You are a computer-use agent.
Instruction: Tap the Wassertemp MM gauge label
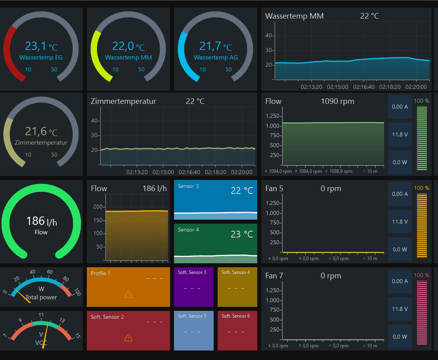128,57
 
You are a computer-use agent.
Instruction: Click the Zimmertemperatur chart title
123,101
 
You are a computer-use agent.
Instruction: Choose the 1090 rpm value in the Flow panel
337,101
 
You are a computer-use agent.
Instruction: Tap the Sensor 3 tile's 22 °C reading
242,191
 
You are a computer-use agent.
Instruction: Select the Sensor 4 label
188,230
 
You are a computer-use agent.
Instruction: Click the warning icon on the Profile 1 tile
128,294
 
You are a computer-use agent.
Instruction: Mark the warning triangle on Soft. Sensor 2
128,337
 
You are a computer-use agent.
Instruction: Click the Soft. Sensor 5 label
192,316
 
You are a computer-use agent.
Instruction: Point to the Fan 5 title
274,189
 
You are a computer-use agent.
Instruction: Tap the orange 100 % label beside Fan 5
422,188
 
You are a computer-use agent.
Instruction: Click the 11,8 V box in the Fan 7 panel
400,309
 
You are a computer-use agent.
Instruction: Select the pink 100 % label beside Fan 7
422,276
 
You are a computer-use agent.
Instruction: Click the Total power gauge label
41,297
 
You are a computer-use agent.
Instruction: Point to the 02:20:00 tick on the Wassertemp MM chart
415,86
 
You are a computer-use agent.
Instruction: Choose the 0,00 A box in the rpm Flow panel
400,107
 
